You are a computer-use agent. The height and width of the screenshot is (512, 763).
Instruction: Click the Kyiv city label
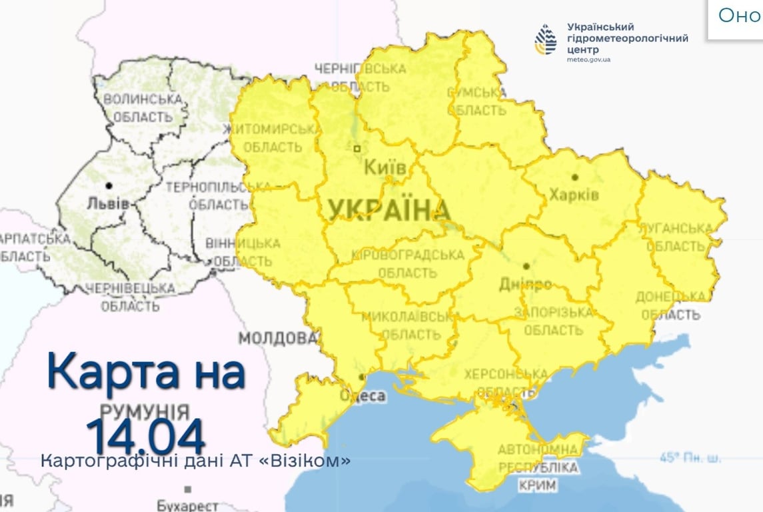(384, 168)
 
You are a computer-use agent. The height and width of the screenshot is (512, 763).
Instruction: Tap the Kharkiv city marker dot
(574, 177)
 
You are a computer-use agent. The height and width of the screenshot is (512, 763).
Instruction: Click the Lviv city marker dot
(109, 185)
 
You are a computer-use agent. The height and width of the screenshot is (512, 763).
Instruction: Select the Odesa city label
(363, 396)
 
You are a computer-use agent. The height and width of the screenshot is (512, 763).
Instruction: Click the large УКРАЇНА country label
(388, 210)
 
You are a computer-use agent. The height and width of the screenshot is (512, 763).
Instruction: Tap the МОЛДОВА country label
(278, 339)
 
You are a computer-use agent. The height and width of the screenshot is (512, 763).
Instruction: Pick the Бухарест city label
(187, 505)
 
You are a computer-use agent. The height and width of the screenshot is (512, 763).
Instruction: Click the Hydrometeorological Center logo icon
(546, 41)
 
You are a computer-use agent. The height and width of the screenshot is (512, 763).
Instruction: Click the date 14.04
(145, 437)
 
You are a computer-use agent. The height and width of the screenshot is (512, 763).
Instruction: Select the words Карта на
(146, 373)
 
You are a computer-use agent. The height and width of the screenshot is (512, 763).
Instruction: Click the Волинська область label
(143, 108)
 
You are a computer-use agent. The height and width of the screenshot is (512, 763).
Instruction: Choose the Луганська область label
(675, 237)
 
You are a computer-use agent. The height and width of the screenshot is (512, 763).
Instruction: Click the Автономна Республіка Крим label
(537, 467)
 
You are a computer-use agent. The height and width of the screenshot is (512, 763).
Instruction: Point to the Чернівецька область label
(131, 297)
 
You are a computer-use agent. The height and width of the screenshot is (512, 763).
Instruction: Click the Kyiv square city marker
(357, 149)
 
